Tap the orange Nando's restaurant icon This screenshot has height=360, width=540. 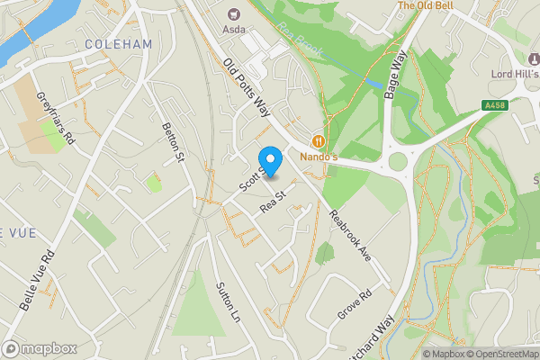pyautogui.click(x=318, y=140)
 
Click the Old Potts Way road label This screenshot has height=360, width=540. pyautogui.click(x=247, y=88)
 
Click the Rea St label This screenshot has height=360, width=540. pyautogui.click(x=272, y=200)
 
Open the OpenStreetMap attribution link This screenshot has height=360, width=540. pyautogui.click(x=499, y=354)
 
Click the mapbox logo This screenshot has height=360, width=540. pyautogui.click(x=40, y=348)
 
